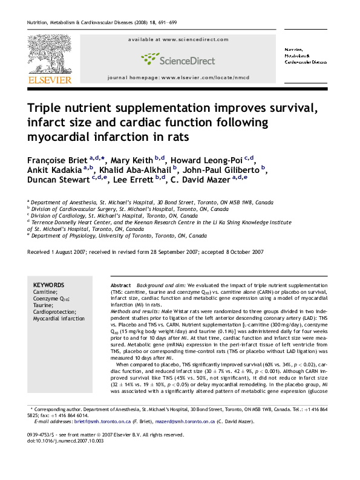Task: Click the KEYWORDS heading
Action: [x=48, y=284]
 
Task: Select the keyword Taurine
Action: [x=43, y=305]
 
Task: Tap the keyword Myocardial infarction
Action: [x=59, y=318]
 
